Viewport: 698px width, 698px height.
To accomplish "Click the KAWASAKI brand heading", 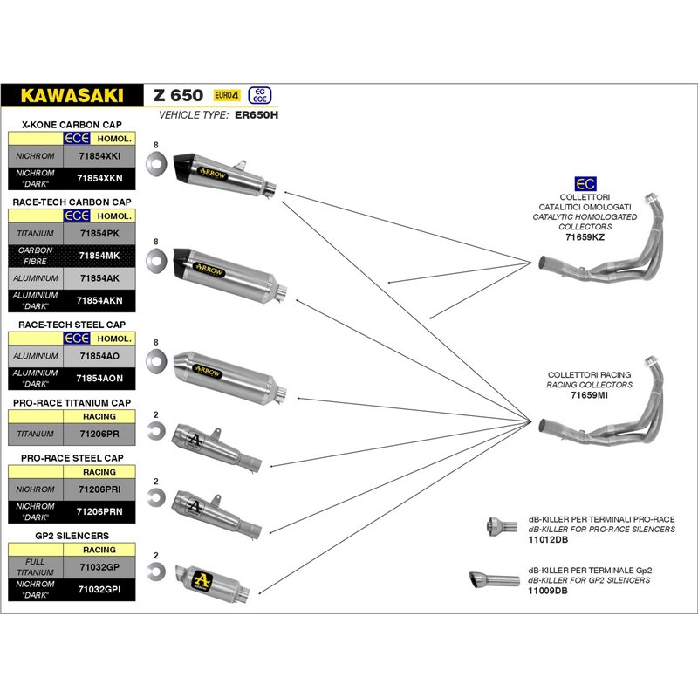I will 72,94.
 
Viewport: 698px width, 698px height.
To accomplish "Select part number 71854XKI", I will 99,155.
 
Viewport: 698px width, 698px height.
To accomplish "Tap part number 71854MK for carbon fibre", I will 99,256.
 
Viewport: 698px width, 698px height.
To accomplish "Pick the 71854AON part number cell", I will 99,378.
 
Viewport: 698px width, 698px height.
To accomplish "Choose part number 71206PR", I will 99,433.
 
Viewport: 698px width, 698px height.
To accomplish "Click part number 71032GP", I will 99,567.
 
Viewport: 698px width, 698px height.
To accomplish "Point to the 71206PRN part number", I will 99,510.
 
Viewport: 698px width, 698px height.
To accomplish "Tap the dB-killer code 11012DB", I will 546,539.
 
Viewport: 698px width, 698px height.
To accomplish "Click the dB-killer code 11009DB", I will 546,590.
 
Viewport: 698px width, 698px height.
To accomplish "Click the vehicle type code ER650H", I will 257,114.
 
